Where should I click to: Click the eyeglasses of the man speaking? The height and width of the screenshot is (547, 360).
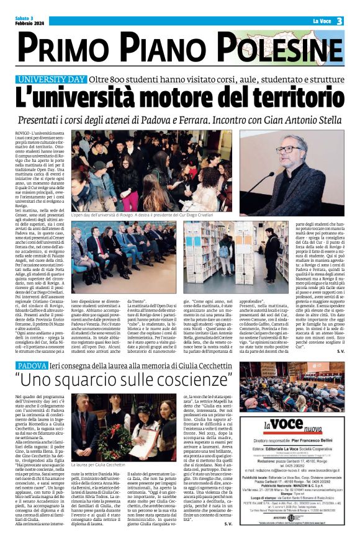coord(290,149)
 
